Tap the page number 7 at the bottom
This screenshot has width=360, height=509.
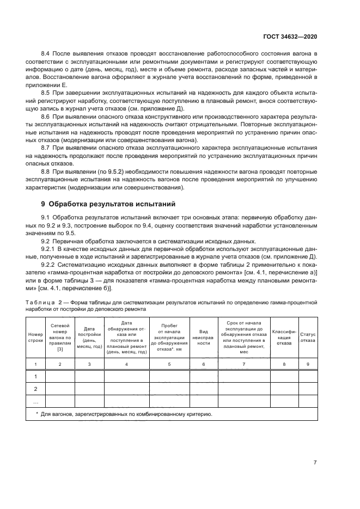315,462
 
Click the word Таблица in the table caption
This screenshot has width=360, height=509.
40,301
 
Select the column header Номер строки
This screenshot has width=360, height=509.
35,336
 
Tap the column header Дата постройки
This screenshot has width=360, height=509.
89,336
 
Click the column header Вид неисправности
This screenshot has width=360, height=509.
204,336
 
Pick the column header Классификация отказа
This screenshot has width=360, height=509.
284,336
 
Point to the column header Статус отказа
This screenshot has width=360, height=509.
308,336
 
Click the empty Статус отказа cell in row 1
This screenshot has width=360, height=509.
308,376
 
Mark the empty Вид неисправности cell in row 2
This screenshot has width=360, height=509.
204,389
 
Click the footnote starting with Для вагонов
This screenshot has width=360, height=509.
126,414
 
